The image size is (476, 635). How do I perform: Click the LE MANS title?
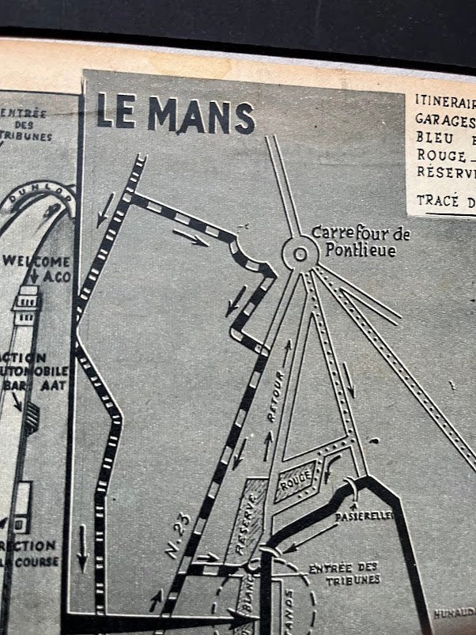[176, 115]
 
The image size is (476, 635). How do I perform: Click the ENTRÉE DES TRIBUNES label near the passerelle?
[344, 573]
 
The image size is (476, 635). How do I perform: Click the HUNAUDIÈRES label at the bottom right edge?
[455, 612]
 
